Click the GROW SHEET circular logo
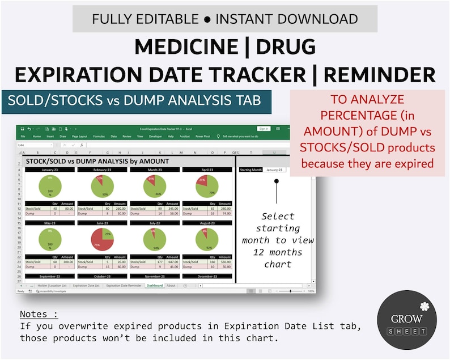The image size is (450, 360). [x=407, y=320]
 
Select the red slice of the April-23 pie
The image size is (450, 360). [x=202, y=181]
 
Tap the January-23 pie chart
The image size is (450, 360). [x=50, y=187]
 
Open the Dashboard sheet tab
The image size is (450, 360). [x=154, y=286]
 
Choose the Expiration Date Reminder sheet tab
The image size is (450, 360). [x=124, y=286]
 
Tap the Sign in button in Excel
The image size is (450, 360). [x=263, y=129]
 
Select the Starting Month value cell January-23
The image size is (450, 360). [x=274, y=170]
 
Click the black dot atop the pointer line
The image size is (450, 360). [x=277, y=182]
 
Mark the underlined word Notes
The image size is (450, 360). [x=39, y=314]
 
